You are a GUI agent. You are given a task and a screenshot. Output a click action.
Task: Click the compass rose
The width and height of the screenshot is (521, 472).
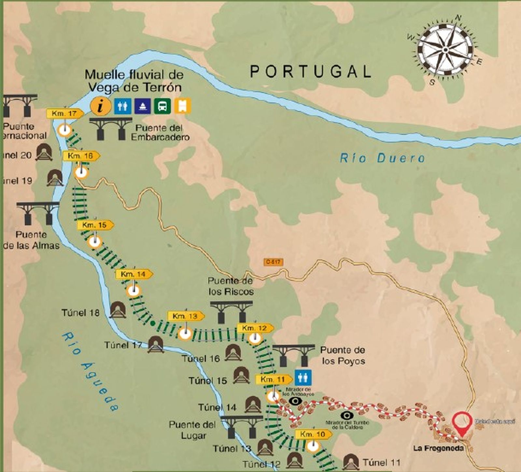coord(445,49)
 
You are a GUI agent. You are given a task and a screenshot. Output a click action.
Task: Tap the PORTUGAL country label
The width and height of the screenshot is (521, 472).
coord(311,71)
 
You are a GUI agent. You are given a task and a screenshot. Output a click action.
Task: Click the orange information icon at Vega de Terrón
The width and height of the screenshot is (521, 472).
coord(101,106)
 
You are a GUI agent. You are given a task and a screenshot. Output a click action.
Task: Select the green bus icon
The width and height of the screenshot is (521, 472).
coord(162,106)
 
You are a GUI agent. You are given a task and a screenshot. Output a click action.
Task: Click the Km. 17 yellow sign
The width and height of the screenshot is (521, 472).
coord(65,114)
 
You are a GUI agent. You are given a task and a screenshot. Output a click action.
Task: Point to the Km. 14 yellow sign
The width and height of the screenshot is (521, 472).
coord(134,274)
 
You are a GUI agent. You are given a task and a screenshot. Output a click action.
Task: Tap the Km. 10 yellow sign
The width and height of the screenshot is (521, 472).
coord(313,434)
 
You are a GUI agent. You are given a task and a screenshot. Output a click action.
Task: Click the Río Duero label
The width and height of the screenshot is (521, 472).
coord(382,158)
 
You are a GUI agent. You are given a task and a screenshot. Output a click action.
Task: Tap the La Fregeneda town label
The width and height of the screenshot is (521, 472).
coord(438,448)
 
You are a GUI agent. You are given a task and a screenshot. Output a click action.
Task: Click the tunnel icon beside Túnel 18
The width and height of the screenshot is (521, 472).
coord(118,310)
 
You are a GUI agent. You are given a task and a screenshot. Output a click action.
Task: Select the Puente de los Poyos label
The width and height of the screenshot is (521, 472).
coord(343,355)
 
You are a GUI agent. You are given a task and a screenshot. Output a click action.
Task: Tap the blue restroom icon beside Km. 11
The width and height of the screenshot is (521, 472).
coord(303,378)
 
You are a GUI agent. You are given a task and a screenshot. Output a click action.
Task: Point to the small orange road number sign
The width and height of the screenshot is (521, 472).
coord(274,262)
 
